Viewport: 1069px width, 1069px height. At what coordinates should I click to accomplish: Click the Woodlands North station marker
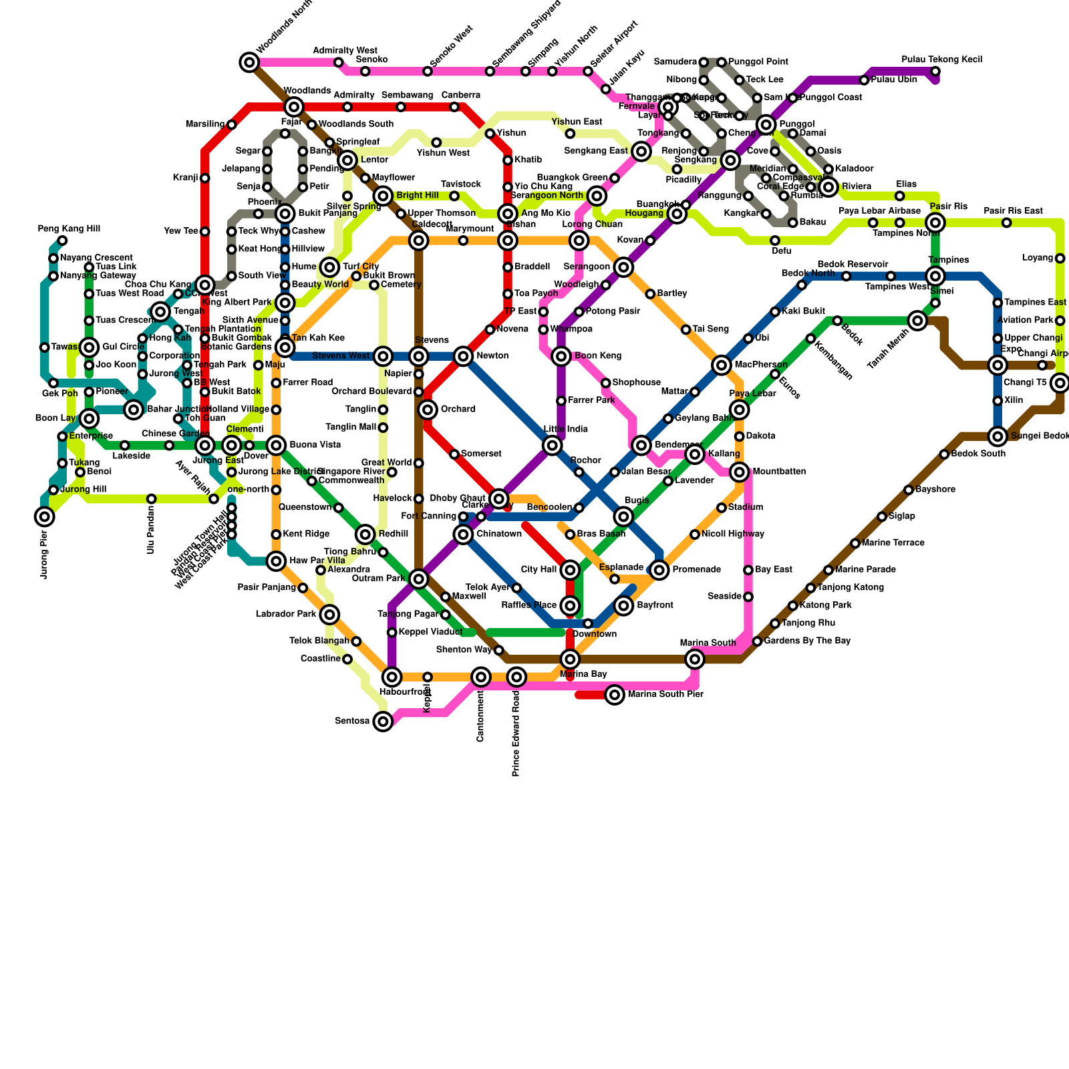[249, 63]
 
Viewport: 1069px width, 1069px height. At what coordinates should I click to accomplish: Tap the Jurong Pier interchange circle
[45, 516]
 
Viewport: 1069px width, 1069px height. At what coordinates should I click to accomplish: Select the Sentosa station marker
[383, 722]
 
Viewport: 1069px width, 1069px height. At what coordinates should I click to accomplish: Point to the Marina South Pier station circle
[615, 695]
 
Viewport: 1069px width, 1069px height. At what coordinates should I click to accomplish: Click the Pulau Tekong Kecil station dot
[935, 71]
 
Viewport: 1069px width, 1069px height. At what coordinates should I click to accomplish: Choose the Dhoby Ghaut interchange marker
[498, 498]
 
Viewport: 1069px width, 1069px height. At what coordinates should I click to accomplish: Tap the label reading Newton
[492, 356]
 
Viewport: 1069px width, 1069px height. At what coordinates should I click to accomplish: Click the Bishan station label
[520, 224]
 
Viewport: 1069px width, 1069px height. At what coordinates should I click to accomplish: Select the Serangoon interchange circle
[623, 267]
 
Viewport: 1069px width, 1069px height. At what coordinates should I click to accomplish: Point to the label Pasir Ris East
[1013, 211]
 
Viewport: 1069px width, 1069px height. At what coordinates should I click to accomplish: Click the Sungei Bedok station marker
[998, 436]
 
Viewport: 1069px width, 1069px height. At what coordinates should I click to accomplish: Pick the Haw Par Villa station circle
[276, 561]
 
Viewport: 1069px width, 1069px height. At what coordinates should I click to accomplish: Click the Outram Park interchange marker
[418, 579]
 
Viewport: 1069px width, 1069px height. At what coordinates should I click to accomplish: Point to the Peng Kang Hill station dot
[62, 241]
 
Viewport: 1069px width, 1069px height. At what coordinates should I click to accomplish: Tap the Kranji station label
[185, 178]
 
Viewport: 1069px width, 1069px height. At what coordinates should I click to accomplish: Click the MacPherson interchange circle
[722, 365]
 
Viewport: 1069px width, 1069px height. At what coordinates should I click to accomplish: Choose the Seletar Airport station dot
[588, 71]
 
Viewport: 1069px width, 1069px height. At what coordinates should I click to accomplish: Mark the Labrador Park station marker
[329, 615]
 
